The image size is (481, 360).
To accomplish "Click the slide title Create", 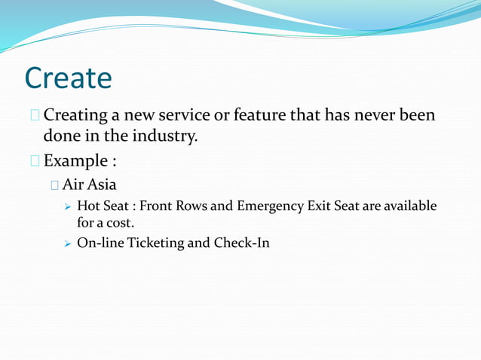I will (68, 78).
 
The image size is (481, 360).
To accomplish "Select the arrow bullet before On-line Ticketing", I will (68, 244).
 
